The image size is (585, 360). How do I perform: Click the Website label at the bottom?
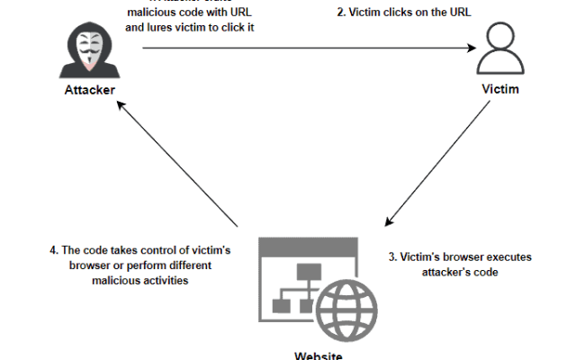click(x=318, y=355)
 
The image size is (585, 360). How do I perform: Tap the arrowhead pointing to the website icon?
click(x=388, y=221)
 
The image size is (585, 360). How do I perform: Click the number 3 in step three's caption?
click(x=391, y=257)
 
